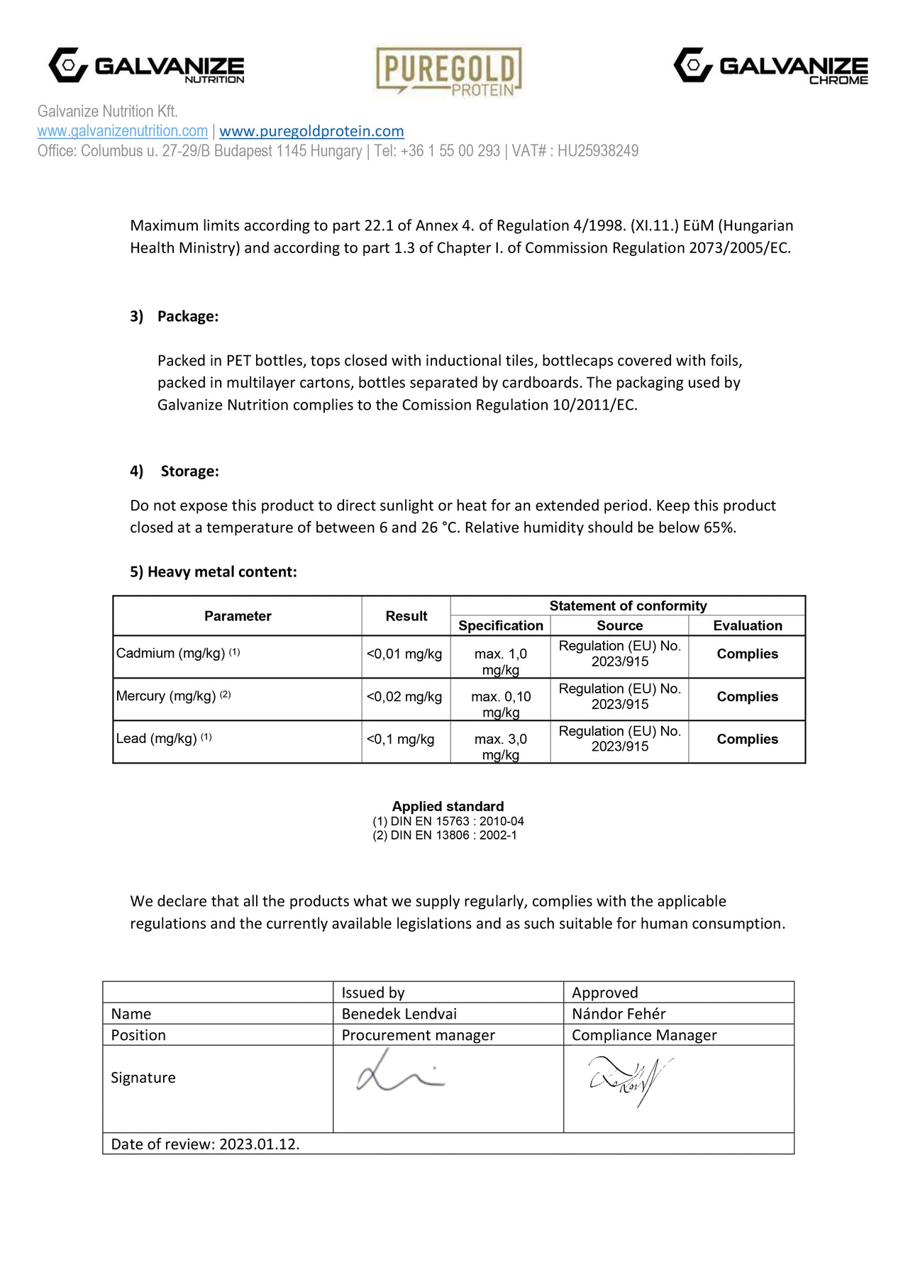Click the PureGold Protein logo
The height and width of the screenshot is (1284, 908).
tap(448, 71)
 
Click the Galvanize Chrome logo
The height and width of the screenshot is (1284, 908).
tap(770, 66)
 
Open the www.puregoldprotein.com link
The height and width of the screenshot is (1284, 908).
tap(311, 131)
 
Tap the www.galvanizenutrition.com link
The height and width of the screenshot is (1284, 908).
tap(123, 131)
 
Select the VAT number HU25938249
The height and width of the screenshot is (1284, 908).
tap(597, 151)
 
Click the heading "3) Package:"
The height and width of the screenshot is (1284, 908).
tap(174, 316)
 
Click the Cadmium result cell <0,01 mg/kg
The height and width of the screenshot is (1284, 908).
tap(404, 654)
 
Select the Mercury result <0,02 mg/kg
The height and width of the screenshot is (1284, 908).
tap(404, 697)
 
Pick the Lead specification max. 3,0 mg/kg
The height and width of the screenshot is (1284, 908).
tap(501, 747)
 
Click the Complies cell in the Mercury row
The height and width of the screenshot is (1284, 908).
tap(747, 697)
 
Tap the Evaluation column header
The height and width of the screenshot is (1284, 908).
tap(747, 625)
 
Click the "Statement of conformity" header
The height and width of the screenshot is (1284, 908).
tap(628, 606)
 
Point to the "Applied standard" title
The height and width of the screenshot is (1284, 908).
tap(448, 806)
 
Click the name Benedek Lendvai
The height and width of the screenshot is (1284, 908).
tap(399, 1014)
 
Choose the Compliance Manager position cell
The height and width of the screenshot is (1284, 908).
tap(644, 1035)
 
